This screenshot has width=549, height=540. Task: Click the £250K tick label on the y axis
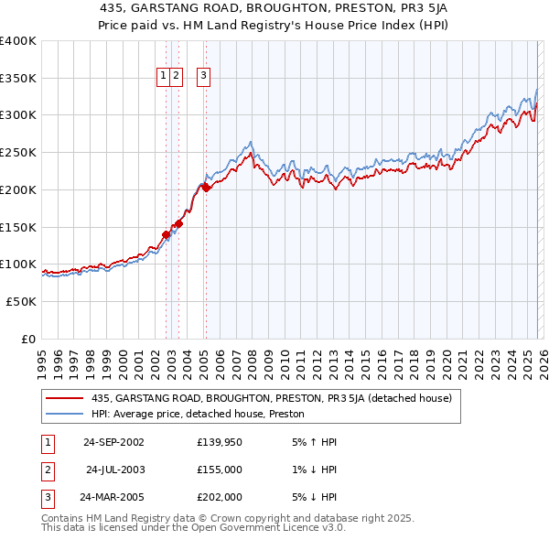click(17, 152)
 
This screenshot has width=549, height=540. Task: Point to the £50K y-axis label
click(20, 301)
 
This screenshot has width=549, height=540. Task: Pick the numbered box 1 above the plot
click(163, 77)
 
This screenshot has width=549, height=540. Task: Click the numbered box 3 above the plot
click(203, 77)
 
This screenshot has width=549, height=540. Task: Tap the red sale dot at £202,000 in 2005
click(206, 189)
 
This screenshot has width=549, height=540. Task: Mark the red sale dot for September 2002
click(166, 234)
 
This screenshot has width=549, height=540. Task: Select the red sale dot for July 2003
click(179, 223)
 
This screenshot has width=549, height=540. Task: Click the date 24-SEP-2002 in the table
click(113, 442)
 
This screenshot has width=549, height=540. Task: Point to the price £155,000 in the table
click(220, 470)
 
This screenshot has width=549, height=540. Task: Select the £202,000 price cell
click(220, 499)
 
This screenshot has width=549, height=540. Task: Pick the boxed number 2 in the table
click(46, 470)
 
